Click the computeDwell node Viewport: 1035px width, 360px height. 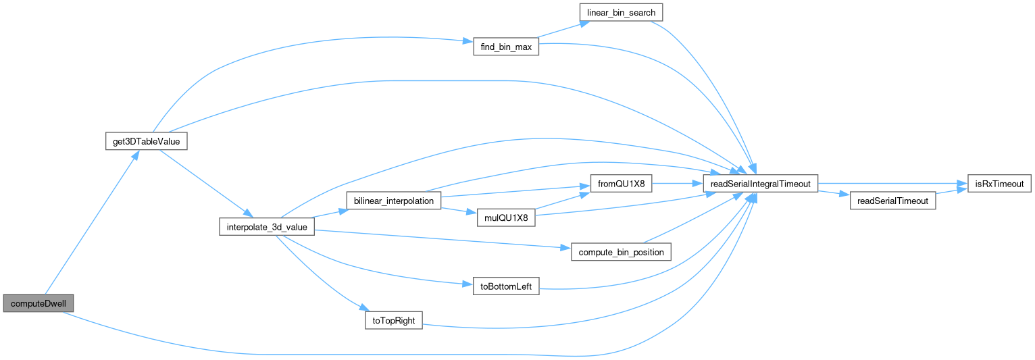(38, 303)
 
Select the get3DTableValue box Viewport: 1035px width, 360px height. (146, 141)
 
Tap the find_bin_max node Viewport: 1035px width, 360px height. (505, 47)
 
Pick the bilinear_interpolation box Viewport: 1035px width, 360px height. (393, 201)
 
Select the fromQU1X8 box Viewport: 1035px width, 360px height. (621, 183)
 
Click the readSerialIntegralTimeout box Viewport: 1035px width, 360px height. (761, 183)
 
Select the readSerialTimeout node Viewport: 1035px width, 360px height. (892, 201)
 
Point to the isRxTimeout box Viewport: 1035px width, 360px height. (996, 183)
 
